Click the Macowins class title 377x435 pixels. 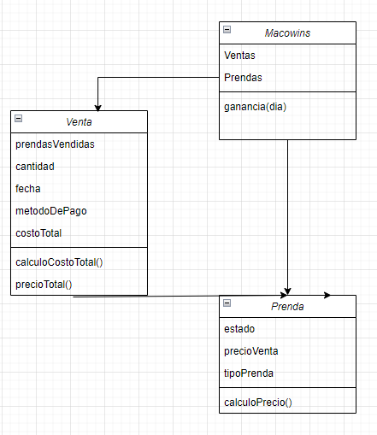coord(287,33)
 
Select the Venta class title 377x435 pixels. coord(79,122)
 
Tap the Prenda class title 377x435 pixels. coord(287,307)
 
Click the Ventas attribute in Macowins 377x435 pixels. coord(239,56)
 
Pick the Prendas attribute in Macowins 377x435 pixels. coord(243,78)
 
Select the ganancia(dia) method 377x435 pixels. coord(256,107)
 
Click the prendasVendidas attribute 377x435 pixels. coord(55,144)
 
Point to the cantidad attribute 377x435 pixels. coord(35,167)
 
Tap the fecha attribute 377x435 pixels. coord(28,189)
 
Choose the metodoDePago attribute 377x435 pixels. coord(51,211)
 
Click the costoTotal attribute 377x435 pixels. coord(38,233)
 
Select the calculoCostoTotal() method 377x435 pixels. coord(59,262)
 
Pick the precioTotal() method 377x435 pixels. coord(44,285)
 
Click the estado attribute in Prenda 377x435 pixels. coord(239,329)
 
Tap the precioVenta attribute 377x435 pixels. coord(251,351)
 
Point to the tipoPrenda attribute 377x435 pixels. coord(249,373)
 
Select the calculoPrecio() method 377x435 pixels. coord(258,403)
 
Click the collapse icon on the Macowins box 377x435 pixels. coord(227,29)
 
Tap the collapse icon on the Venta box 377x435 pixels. coord(18,118)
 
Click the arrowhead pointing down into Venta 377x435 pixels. coord(98,109)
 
